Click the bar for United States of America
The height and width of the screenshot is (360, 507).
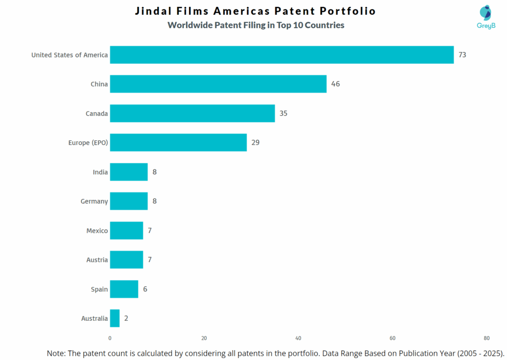click(281, 55)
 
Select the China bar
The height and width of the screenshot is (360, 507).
click(218, 84)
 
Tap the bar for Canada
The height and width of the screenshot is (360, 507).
click(192, 113)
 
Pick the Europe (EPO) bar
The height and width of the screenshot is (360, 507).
click(178, 143)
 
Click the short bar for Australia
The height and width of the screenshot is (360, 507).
click(115, 318)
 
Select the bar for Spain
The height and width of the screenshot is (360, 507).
click(124, 289)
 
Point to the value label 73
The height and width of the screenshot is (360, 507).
click(462, 55)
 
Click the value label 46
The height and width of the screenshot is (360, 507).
click(335, 84)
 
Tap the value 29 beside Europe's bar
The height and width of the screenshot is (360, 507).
click(255, 143)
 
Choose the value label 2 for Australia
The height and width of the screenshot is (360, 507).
click(126, 318)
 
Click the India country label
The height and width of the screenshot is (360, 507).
click(100, 172)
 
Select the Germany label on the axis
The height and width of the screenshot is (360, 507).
click(94, 202)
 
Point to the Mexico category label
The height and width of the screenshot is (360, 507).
click(97, 231)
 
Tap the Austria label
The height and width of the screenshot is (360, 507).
click(97, 260)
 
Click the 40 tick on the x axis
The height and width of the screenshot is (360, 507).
click(298, 338)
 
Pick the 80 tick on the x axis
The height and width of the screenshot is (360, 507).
click(487, 338)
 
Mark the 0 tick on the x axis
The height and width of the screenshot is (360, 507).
click(110, 338)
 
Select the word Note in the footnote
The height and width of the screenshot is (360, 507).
click(57, 353)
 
